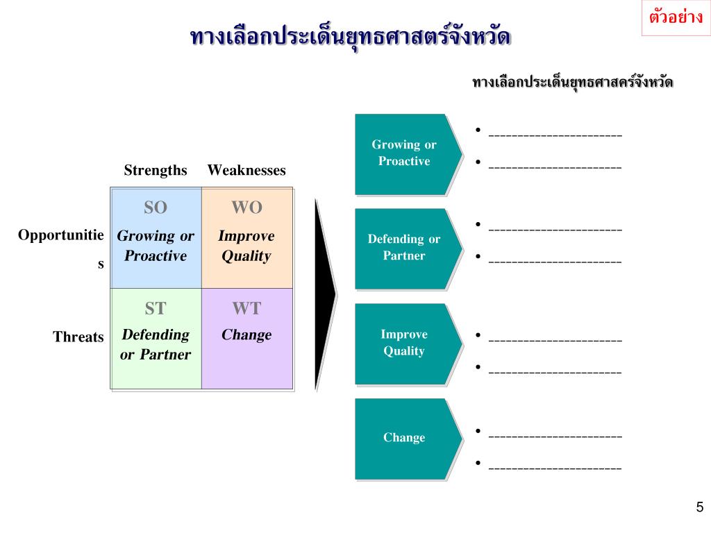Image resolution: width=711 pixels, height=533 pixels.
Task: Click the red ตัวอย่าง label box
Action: click(x=676, y=17)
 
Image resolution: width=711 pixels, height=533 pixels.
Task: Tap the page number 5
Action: click(x=699, y=507)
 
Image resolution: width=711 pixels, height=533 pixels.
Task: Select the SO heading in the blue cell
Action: click(x=156, y=208)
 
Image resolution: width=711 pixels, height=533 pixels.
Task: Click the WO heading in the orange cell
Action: click(x=246, y=208)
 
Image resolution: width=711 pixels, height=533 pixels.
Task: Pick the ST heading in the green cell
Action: click(x=156, y=308)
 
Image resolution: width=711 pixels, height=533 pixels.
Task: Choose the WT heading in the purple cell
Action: click(x=246, y=308)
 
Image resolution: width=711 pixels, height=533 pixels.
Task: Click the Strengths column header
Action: click(x=156, y=170)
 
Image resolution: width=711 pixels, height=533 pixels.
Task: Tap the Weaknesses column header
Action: click(x=246, y=170)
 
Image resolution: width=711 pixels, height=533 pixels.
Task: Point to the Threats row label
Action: click(x=78, y=337)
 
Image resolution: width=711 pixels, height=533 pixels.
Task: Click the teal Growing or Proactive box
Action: click(x=404, y=153)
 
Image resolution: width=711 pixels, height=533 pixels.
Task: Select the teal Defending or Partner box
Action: click(x=404, y=248)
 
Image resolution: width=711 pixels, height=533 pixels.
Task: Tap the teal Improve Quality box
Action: click(x=404, y=343)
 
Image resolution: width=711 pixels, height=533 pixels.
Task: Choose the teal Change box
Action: click(x=404, y=438)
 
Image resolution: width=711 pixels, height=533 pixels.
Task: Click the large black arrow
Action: click(x=325, y=294)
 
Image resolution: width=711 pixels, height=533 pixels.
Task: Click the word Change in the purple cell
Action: click(x=246, y=335)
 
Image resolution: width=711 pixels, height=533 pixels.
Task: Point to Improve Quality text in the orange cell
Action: click(x=246, y=246)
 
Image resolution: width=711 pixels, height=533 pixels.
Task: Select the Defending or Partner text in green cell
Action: click(x=156, y=344)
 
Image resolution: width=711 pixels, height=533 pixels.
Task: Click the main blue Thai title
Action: click(x=350, y=37)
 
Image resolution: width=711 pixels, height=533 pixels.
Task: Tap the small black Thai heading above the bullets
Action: click(x=573, y=83)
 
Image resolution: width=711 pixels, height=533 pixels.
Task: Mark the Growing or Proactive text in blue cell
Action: click(x=156, y=246)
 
